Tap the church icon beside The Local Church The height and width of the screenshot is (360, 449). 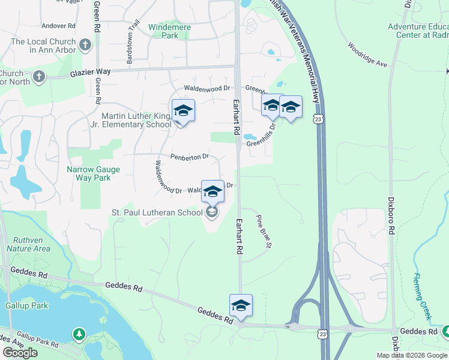click(x=85, y=44)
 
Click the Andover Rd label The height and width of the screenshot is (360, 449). click(x=58, y=26)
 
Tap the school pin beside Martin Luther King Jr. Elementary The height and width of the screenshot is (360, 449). click(x=183, y=112)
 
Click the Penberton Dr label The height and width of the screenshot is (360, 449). click(x=189, y=157)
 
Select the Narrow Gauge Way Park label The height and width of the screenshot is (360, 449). click(x=93, y=173)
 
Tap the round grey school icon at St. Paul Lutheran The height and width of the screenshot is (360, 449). click(x=211, y=212)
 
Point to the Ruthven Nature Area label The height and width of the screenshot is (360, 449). click(x=28, y=244)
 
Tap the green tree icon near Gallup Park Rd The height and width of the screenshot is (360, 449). click(x=78, y=334)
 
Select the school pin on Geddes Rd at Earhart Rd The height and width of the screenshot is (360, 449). click(x=241, y=306)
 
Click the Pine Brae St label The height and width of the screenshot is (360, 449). click(x=265, y=231)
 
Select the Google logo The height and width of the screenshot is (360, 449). click(x=20, y=353)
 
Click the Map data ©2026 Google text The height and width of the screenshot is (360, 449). click(x=412, y=355)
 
